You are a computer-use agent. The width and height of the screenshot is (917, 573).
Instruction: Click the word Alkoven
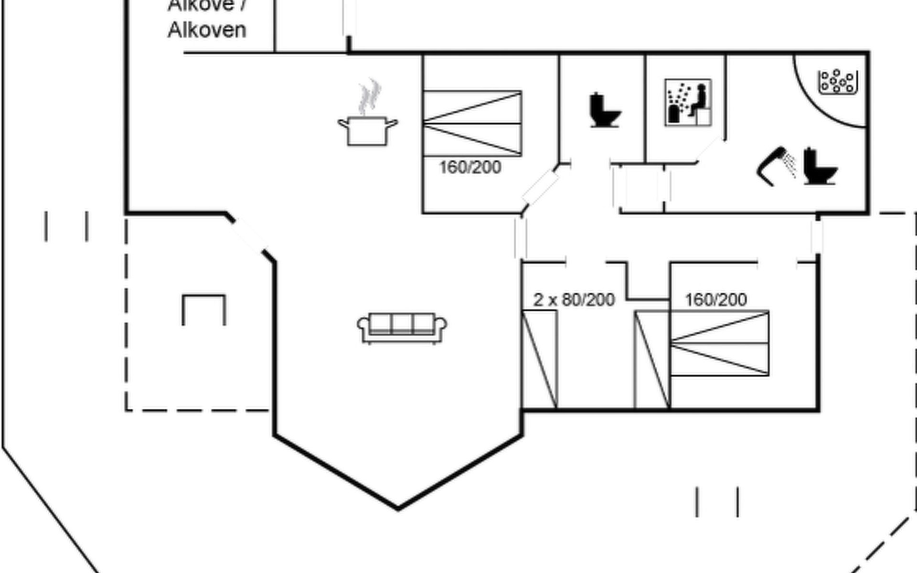tap(207, 30)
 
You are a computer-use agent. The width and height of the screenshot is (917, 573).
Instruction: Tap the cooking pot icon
tap(367, 130)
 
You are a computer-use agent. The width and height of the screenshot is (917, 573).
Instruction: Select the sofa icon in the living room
tap(402, 328)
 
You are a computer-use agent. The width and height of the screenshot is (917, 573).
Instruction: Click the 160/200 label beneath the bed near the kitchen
tap(470, 167)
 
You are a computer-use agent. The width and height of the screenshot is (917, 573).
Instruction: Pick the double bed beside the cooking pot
tap(472, 123)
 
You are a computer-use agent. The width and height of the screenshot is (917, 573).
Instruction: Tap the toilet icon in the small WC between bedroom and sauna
tap(605, 110)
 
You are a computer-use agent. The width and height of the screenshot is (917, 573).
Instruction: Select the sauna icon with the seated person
tap(688, 103)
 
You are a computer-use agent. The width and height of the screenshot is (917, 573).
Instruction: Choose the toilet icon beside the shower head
tap(820, 166)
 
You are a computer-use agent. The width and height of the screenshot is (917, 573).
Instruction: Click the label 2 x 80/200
tap(574, 300)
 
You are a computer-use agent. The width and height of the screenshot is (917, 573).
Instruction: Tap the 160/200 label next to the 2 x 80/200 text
tap(715, 300)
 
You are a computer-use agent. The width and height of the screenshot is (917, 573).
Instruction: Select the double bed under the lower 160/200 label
tap(720, 343)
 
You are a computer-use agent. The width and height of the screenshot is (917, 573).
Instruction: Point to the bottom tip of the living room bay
tap(398, 508)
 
